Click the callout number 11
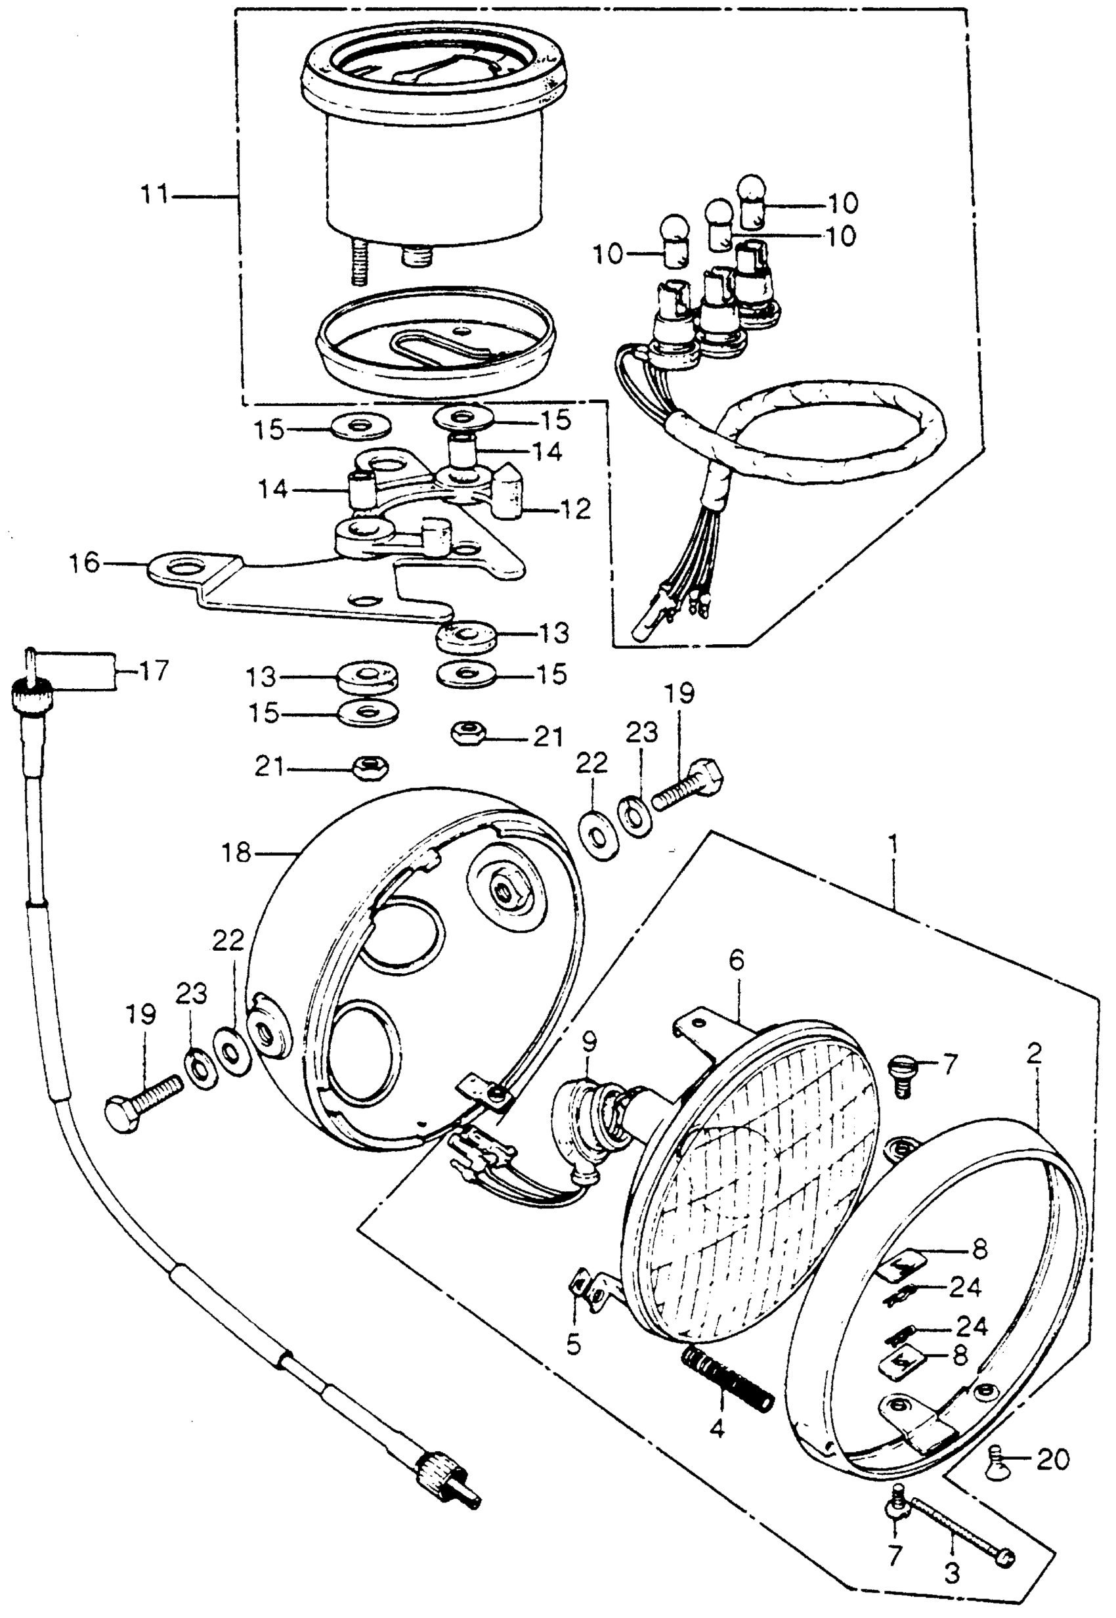click(154, 194)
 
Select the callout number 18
click(236, 853)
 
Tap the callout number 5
click(573, 1344)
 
